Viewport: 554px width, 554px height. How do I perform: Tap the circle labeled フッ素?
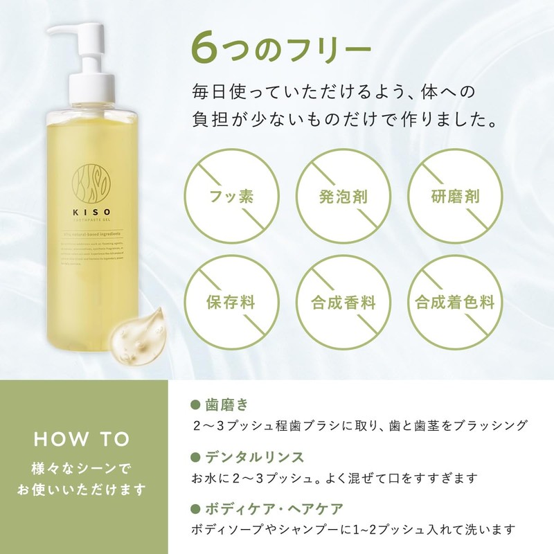click(231, 196)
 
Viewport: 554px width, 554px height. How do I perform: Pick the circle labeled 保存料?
click(231, 303)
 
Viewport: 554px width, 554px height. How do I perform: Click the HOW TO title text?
click(82, 439)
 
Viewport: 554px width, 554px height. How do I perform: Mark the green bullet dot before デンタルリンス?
click(195, 457)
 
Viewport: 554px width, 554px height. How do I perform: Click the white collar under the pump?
click(92, 90)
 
